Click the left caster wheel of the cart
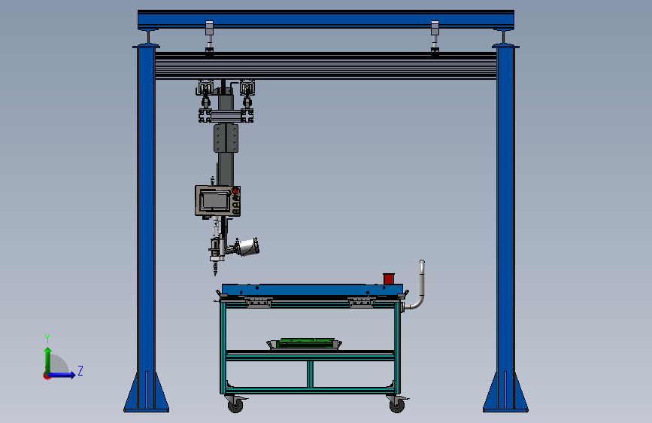coord(235,405)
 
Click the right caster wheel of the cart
coord(396,405)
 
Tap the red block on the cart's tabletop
coord(389,278)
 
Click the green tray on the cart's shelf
coord(305,344)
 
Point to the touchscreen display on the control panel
coord(214,201)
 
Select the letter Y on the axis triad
coord(47,338)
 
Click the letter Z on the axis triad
coord(80,370)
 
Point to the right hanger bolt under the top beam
coord(435,38)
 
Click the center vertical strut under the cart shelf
coord(309,374)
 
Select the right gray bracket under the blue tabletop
coord(362,303)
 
